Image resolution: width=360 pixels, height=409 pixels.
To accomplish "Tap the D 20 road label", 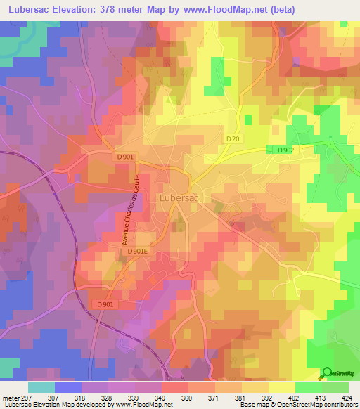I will coord(233,139).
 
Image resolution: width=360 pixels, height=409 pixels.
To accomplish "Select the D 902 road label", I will coord(284,150).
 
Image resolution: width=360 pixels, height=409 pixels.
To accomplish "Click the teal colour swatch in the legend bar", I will coord(41,387).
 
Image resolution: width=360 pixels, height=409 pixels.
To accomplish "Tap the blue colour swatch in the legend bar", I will coord(68,387).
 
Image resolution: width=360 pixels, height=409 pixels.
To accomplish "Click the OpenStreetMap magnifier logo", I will coord(327,372).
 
